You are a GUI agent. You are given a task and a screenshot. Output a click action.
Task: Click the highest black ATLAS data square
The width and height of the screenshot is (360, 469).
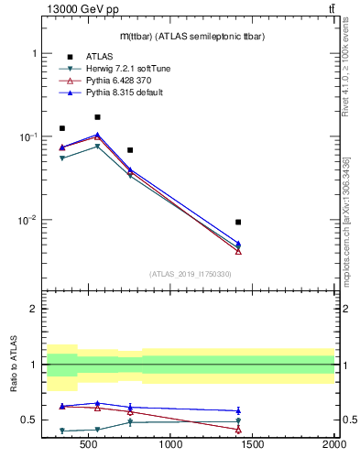[97, 117]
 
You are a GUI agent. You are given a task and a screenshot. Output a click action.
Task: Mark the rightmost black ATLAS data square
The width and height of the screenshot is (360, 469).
[238, 222]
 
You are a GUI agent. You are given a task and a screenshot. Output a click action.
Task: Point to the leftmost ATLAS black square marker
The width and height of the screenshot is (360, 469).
[62, 128]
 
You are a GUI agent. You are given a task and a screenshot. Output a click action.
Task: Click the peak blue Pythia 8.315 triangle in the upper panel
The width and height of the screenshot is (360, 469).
[97, 135]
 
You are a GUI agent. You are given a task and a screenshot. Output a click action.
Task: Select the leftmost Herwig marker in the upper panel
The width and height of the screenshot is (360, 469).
[62, 158]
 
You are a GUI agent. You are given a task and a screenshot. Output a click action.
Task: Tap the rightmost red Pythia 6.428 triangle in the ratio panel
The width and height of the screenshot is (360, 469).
[238, 429]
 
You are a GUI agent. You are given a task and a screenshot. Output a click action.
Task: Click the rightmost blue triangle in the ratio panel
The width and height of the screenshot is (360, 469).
[238, 410]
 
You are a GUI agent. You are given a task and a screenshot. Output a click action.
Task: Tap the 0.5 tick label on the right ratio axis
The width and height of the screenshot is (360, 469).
[347, 420]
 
